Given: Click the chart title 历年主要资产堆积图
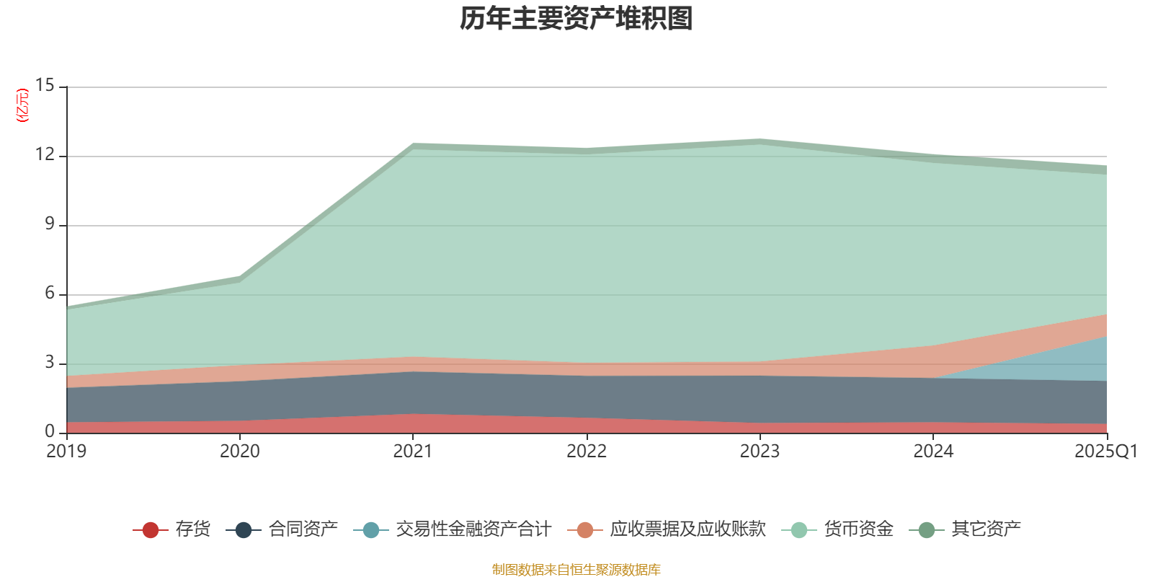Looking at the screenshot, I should click(576, 19).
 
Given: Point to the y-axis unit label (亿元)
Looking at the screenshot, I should click(23, 105).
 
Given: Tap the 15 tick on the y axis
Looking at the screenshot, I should click(45, 86).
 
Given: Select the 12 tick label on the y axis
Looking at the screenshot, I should click(45, 155).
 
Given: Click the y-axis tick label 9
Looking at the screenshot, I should click(49, 224).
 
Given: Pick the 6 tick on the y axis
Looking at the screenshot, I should click(49, 294).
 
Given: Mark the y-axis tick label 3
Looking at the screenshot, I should click(49, 363).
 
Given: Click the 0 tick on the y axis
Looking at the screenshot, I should click(49, 431).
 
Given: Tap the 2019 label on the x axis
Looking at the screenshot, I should click(66, 452).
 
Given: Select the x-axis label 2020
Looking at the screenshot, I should click(239, 452).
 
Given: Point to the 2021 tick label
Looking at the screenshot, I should click(412, 452).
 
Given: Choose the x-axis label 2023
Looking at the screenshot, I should click(760, 452).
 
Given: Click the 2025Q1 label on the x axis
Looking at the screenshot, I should click(1105, 452).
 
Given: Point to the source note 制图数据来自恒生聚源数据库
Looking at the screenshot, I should click(576, 570).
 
